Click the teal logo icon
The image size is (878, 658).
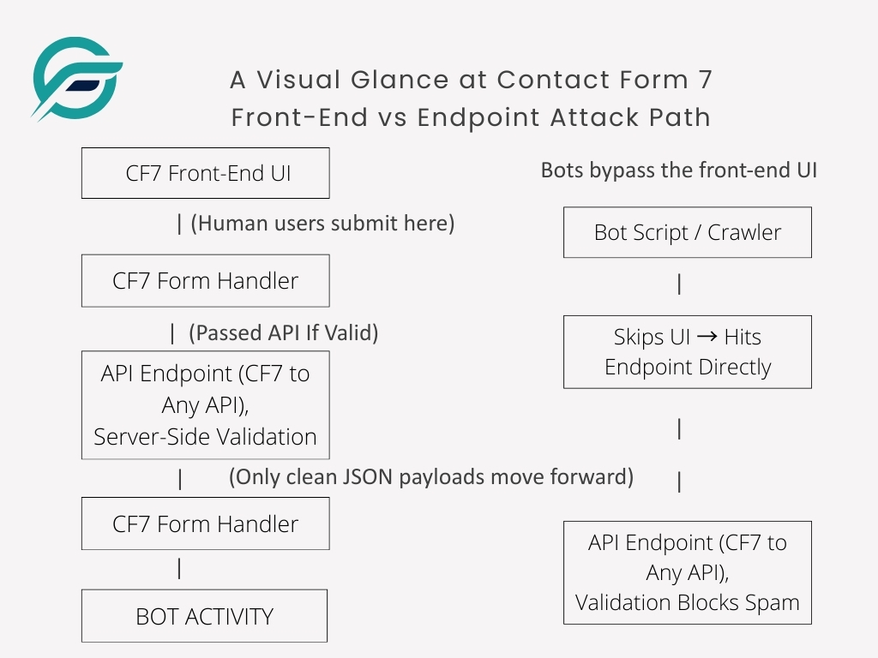76,78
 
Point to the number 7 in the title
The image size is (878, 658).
703,80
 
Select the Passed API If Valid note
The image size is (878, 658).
286,332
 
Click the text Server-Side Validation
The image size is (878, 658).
205,436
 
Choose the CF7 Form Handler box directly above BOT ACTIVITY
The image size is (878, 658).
205,524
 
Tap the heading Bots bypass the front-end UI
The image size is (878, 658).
678,170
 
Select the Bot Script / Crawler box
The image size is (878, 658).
687,232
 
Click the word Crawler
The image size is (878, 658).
744,232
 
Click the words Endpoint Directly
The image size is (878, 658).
688,367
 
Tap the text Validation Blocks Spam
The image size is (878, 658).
687,602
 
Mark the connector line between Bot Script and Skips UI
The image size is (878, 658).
679,284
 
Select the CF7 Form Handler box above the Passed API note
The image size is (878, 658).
205,280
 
